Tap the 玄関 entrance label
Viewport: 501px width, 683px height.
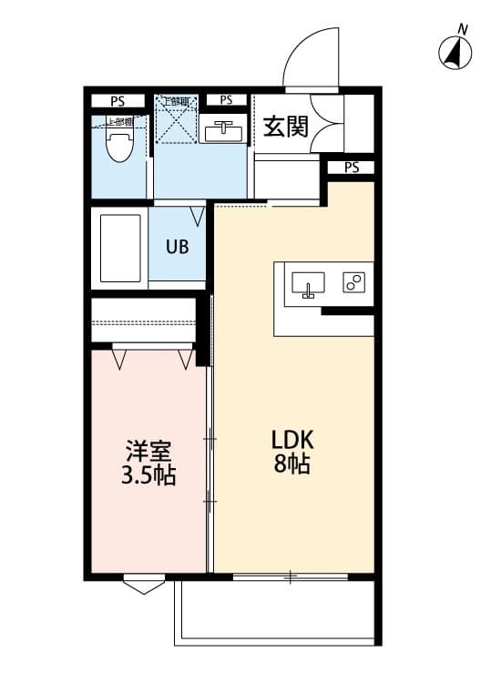coord(285,127)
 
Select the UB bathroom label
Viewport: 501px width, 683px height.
coord(177,246)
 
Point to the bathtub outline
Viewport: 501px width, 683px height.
coord(119,248)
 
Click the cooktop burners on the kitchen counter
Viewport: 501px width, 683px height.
coord(353,282)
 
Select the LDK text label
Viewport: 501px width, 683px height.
coord(291,439)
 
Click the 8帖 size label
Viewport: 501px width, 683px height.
coord(291,464)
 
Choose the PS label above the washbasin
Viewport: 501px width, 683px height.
coord(226,100)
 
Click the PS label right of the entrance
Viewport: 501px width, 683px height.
coord(352,168)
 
